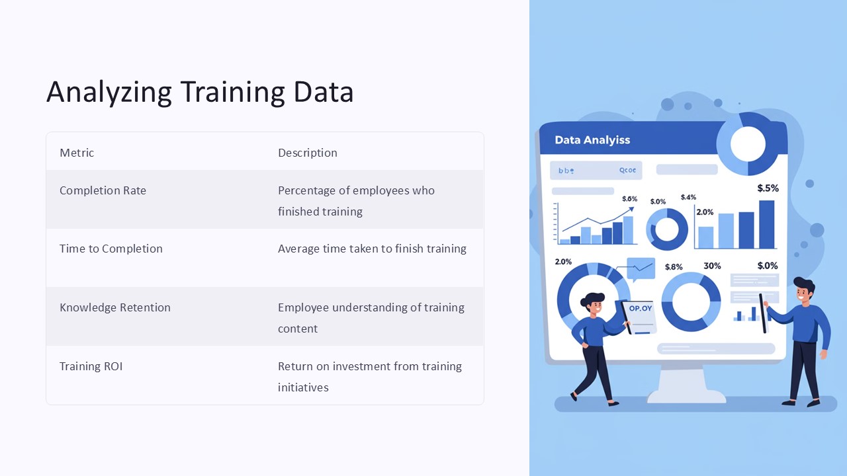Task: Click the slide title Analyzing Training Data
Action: click(x=200, y=92)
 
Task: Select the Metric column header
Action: click(x=77, y=153)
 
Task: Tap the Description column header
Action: click(x=307, y=153)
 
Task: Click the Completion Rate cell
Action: click(x=103, y=190)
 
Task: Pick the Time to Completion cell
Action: click(x=111, y=249)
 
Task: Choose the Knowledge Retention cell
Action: click(x=114, y=307)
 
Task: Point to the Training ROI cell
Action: click(x=91, y=366)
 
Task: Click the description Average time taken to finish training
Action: click(x=372, y=249)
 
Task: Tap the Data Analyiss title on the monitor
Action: click(x=592, y=140)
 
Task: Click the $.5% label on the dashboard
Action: click(x=768, y=188)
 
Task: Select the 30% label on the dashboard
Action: click(x=712, y=266)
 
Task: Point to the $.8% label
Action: click(x=674, y=267)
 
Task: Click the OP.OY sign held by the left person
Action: click(x=640, y=309)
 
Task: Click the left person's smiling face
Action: click(x=594, y=307)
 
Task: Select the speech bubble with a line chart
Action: click(x=640, y=268)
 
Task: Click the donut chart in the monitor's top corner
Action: click(x=748, y=144)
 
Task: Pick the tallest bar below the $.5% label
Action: click(x=766, y=224)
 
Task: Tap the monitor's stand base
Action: click(x=686, y=395)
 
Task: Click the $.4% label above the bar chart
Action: click(x=688, y=197)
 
